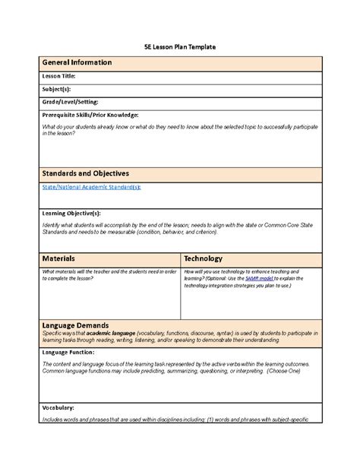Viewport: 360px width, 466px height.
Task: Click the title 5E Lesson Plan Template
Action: click(x=180, y=47)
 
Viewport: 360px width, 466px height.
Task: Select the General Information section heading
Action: click(x=77, y=62)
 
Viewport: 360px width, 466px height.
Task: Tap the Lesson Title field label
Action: click(x=58, y=77)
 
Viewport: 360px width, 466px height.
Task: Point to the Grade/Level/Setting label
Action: click(x=70, y=101)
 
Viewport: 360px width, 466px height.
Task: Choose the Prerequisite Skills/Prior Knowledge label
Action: click(x=90, y=114)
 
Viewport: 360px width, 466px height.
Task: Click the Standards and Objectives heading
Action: click(x=84, y=173)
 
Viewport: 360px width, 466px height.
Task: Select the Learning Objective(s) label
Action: click(x=71, y=214)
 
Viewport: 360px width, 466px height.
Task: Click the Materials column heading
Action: click(x=58, y=258)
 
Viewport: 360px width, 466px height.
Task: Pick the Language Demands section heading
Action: click(x=75, y=325)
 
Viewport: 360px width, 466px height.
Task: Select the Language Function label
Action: click(x=69, y=353)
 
